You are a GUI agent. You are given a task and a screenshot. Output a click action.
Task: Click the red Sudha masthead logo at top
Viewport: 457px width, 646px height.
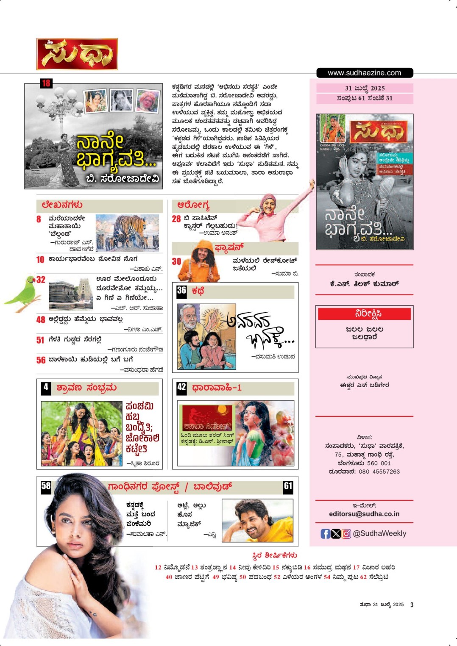point(77,54)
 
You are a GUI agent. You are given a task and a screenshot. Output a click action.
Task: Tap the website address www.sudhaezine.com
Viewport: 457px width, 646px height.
point(364,73)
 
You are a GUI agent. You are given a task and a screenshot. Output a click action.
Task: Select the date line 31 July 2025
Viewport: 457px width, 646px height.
point(365,88)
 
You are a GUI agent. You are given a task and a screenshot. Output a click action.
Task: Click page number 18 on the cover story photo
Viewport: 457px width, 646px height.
point(46,83)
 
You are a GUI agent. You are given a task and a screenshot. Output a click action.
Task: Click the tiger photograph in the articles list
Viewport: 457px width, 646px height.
point(127,232)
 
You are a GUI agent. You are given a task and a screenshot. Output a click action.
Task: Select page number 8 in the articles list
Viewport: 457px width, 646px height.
point(39,219)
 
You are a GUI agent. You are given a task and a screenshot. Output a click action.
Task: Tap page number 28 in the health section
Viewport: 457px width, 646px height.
point(176,219)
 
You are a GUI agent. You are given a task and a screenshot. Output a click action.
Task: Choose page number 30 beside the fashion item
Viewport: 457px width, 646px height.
point(176,261)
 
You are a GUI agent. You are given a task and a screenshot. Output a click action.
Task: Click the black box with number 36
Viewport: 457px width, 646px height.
point(181,291)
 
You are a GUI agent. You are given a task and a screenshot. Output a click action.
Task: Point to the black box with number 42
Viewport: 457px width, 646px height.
point(181,387)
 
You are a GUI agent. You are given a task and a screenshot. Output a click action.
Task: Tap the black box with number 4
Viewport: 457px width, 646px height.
point(46,387)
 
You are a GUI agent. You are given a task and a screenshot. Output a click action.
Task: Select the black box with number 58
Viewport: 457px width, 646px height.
point(46,486)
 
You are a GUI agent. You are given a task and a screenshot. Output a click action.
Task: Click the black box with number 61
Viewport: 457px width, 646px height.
point(288,486)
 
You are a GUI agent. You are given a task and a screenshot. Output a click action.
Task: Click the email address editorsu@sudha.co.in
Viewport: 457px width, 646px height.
point(364,514)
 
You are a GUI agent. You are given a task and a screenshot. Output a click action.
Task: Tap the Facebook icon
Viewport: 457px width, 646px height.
point(325,534)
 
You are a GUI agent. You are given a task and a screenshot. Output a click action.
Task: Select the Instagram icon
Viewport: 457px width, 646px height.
point(346,534)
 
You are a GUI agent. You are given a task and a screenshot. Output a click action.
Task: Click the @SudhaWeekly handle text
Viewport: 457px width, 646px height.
point(379,534)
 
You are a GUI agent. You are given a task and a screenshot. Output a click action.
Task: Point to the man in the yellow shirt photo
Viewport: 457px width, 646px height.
point(257,520)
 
